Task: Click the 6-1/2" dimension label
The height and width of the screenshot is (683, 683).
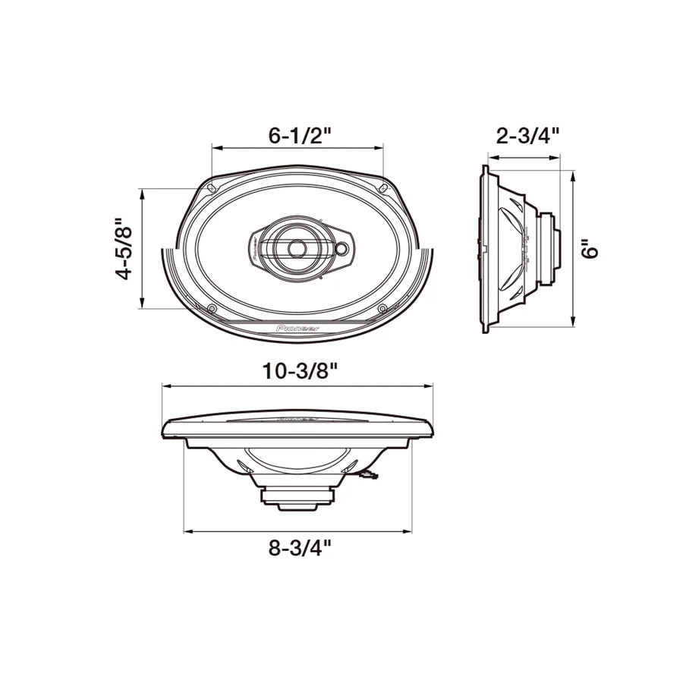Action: pos(301,137)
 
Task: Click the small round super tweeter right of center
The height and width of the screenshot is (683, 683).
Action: pos(342,247)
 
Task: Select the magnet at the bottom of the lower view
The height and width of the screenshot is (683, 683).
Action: pos(298,498)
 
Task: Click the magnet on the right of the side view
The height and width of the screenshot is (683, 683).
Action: pos(549,248)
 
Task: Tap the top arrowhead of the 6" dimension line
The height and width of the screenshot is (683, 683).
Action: pos(572,174)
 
